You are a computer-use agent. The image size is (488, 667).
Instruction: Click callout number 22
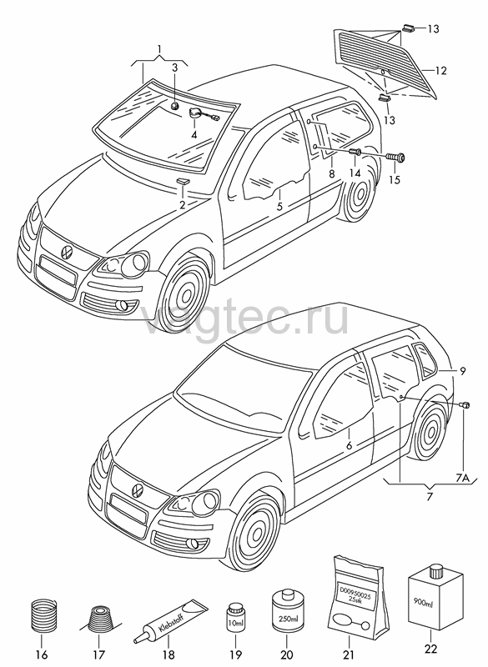click(x=430, y=649)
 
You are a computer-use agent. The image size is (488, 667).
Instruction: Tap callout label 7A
click(x=462, y=478)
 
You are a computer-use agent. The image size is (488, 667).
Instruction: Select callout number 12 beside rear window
click(x=441, y=70)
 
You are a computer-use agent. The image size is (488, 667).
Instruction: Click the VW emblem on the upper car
click(x=68, y=251)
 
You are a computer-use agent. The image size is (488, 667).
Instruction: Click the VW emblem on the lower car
click(x=138, y=489)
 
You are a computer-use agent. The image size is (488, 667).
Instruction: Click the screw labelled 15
click(x=396, y=158)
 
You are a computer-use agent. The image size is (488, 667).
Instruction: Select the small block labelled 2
click(x=182, y=182)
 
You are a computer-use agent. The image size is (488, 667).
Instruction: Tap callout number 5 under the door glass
click(x=279, y=207)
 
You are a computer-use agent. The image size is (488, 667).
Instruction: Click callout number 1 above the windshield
click(x=159, y=49)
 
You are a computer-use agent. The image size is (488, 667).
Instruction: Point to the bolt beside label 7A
click(x=465, y=405)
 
